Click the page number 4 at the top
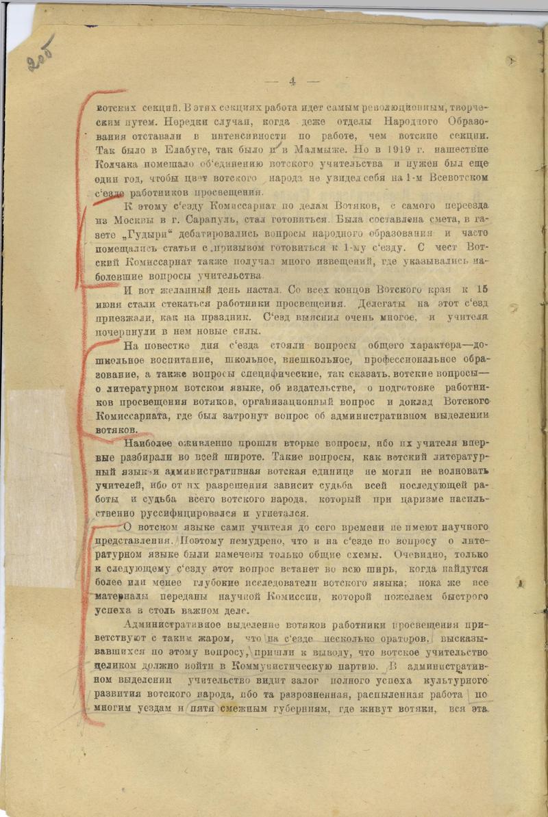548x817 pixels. (292, 81)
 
